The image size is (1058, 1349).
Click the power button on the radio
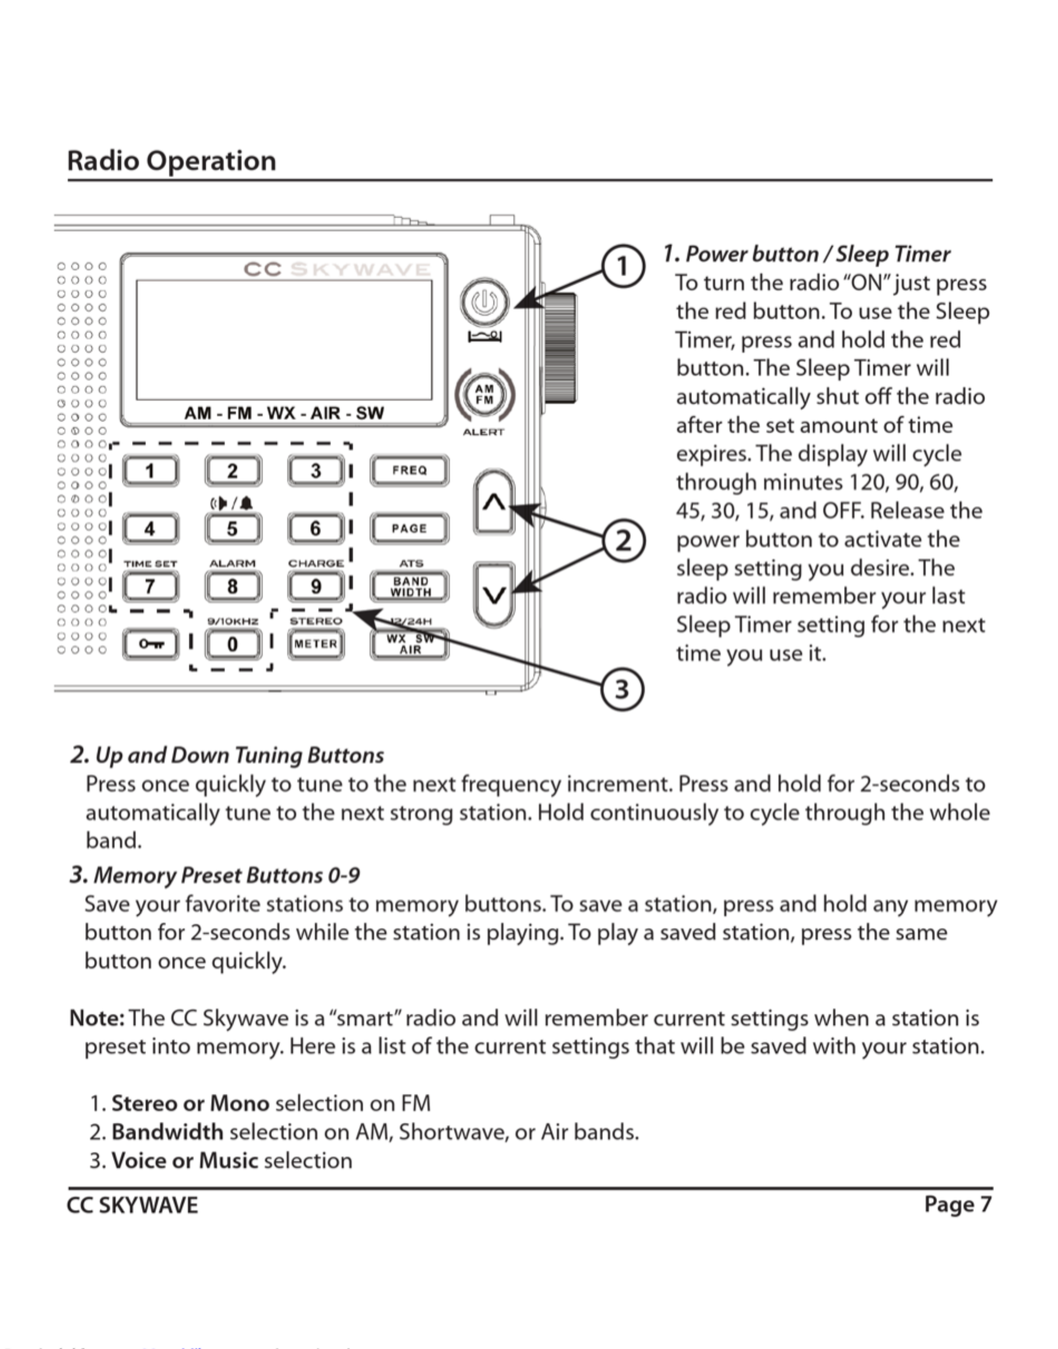(x=484, y=302)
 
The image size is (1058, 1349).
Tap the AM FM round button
(x=484, y=394)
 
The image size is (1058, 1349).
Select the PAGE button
(x=409, y=529)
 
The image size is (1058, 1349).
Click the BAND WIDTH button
(x=409, y=586)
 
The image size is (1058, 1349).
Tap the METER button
(x=315, y=644)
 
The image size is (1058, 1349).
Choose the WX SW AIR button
(x=409, y=644)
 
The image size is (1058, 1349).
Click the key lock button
(x=150, y=644)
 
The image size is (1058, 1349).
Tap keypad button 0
(x=232, y=644)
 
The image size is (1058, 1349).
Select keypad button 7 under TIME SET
(x=150, y=586)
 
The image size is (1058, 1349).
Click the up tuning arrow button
(x=494, y=503)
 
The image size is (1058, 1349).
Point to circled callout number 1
(x=623, y=266)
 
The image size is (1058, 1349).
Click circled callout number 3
(x=623, y=689)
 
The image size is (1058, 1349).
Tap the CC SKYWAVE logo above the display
(x=337, y=269)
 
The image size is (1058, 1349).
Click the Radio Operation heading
(x=172, y=161)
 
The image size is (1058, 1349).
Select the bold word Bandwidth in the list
(x=167, y=1132)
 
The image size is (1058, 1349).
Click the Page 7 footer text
(x=958, y=1204)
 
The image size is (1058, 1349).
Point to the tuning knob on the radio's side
(x=560, y=348)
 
